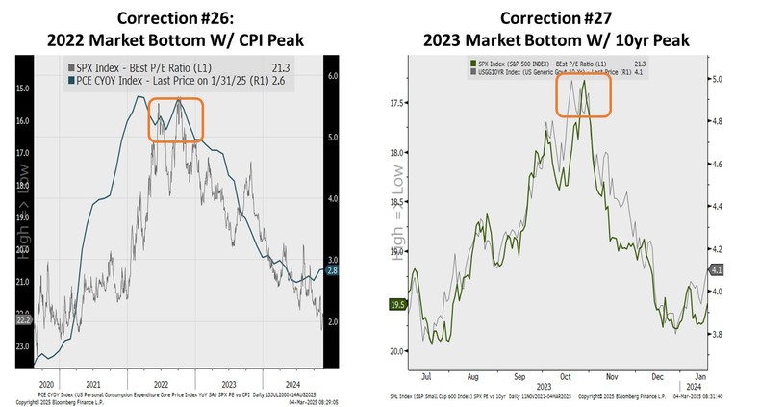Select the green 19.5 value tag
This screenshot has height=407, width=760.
tap(393, 304)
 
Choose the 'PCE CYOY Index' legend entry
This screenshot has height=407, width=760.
tap(154, 84)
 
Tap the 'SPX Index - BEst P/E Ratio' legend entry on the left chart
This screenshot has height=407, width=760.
tap(154, 68)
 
